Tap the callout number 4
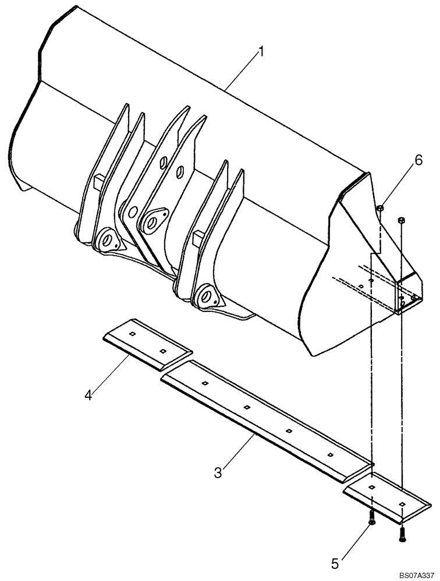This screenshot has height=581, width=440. tap(88, 396)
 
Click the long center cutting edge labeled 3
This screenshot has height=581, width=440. tap(265, 418)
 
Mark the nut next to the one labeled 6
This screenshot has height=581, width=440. tap(401, 220)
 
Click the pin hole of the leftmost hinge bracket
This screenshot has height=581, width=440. tap(107, 238)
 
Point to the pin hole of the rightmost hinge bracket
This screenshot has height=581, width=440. tap(205, 295)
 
